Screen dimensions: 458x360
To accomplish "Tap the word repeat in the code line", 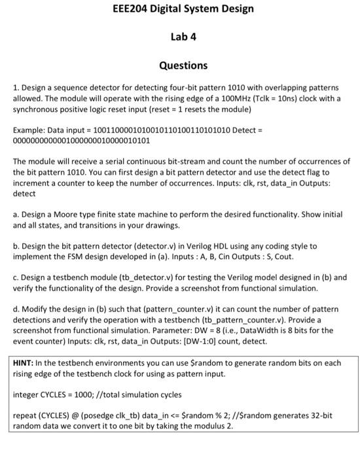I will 26,415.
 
